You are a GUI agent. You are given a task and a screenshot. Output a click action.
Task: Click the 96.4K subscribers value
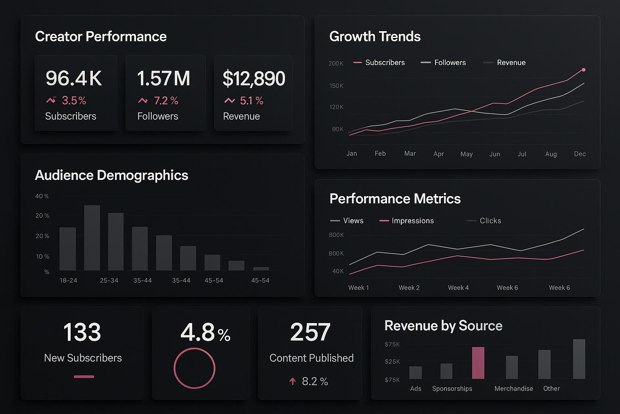pos(73,78)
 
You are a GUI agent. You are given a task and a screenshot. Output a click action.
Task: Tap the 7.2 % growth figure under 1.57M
pos(166,101)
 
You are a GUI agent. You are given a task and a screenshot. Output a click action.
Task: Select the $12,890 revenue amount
pos(254,78)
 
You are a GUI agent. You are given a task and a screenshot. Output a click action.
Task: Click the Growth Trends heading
pos(375,36)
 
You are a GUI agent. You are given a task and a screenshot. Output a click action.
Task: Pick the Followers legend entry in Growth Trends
pos(450,63)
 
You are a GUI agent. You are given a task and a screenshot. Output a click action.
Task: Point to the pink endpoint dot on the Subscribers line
pos(583,70)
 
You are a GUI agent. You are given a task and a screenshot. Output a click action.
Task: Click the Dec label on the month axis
pos(580,154)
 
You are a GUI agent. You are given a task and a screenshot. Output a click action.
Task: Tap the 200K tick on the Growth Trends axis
pos(336,63)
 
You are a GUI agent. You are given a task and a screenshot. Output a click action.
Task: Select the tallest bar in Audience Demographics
pos(92,237)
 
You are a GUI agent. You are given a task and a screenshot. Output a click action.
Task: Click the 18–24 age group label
pos(68,280)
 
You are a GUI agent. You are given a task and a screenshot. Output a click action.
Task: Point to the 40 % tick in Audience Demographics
pos(42,196)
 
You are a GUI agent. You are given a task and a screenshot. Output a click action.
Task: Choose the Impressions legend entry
pos(412,221)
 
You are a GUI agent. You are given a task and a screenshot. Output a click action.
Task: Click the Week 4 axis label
pos(458,287)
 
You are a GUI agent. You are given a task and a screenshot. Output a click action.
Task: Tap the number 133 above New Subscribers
pos(82,332)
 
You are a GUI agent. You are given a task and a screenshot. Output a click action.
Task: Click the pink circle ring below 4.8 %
pos(195,368)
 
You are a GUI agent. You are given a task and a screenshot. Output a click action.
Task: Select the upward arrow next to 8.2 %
pos(293,381)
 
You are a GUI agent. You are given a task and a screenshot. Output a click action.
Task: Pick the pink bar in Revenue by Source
pos(478,363)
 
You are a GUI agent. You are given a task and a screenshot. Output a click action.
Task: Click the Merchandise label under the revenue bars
pos(513,389)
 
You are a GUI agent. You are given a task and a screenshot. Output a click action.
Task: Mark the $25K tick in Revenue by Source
pos(392,361)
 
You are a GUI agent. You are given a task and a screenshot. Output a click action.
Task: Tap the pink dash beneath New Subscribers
pos(84,376)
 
